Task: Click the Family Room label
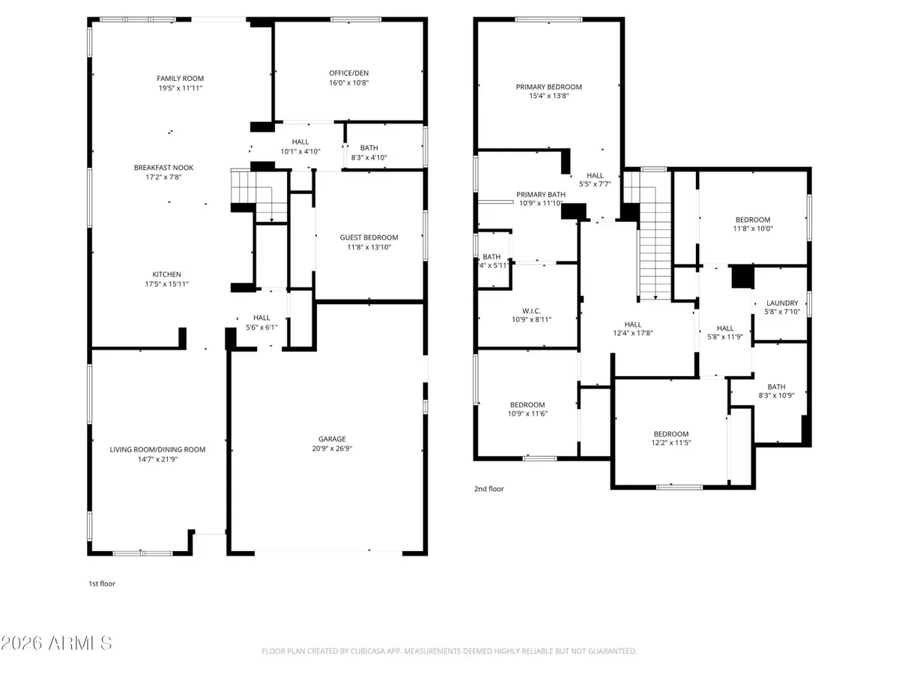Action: tap(180, 79)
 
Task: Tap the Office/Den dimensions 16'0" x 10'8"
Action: tap(349, 82)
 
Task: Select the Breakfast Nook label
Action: tap(158, 167)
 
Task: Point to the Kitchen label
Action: tap(169, 274)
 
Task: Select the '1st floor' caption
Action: tap(102, 583)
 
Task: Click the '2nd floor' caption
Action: tap(488, 489)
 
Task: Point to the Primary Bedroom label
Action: tap(548, 87)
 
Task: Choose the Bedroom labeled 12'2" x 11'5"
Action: tap(671, 434)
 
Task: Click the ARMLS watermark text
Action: tap(57, 643)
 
